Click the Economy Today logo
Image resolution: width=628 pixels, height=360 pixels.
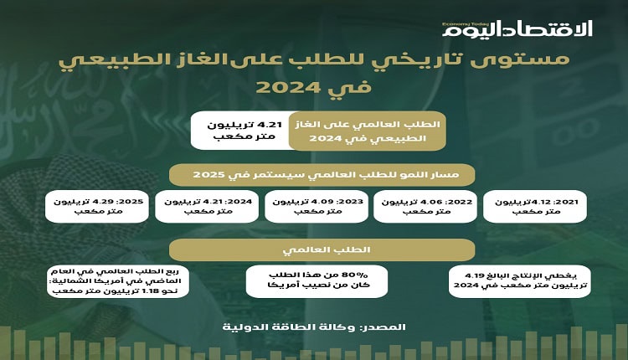[x=517, y=29]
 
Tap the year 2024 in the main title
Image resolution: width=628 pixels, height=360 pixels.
[x=287, y=87]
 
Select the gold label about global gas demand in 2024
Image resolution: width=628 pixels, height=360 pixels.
[x=368, y=131]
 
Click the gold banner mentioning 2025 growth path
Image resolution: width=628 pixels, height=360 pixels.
[x=322, y=175]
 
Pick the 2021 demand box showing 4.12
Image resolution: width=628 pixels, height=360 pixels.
[x=535, y=206]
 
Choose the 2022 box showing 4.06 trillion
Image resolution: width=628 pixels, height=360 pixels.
[x=425, y=206]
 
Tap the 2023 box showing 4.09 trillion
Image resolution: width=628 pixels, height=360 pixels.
[x=317, y=206]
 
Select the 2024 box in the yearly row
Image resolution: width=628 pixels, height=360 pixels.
[x=207, y=206]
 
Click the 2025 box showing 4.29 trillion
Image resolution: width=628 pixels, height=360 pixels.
[x=97, y=206]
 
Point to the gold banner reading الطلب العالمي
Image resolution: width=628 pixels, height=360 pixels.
[x=322, y=249]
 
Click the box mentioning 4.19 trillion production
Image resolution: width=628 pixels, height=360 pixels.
[x=519, y=281]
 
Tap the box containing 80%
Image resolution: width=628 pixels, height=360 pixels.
[x=317, y=281]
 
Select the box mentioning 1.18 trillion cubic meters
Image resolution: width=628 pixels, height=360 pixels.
[x=118, y=281]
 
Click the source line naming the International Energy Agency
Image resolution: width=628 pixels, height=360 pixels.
[x=314, y=327]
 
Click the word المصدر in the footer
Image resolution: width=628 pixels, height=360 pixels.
[x=383, y=327]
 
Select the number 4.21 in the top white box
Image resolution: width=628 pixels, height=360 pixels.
[x=272, y=125]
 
